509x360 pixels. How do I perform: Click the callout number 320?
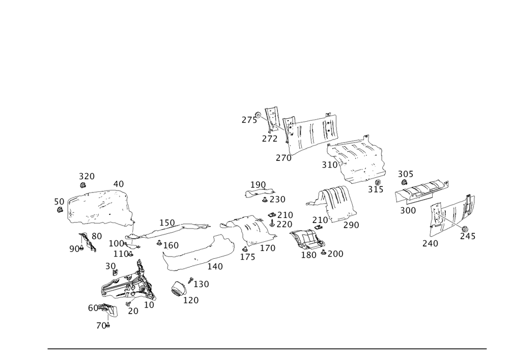(87, 176)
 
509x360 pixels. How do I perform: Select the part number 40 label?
(118, 183)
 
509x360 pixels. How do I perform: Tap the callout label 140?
(215, 266)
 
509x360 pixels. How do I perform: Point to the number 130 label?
(201, 284)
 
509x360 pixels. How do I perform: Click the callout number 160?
(171, 246)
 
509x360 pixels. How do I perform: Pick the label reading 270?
(284, 158)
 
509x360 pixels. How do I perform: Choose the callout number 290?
(351, 225)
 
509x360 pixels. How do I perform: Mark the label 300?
(408, 209)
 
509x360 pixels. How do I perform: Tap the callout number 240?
(430, 243)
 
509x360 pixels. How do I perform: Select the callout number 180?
(309, 254)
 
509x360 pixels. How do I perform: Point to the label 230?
(277, 199)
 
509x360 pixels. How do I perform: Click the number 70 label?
(103, 325)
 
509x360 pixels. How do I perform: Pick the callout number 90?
(74, 248)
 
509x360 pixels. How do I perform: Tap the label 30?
(111, 266)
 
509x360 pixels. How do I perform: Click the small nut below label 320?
(82, 186)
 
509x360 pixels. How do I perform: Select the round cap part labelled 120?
(178, 289)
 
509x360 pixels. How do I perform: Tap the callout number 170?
(268, 248)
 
